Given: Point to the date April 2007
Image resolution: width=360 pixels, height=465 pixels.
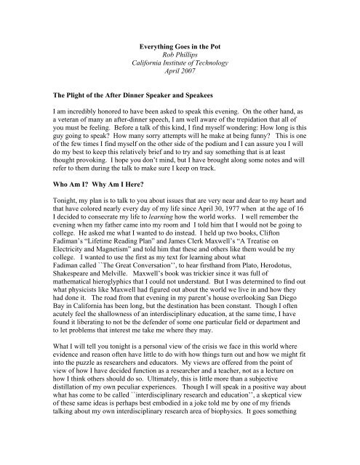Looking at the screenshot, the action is click(x=180, y=72).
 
